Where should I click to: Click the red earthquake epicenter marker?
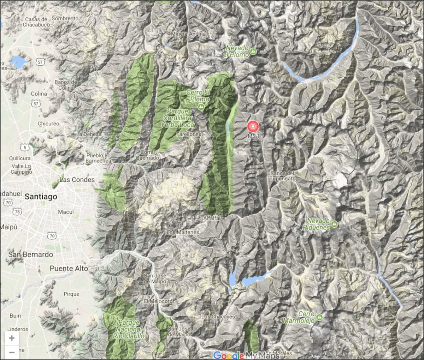click(253, 126)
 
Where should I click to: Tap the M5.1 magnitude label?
click(254, 136)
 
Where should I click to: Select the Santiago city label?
click(41, 197)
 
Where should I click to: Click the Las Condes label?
click(77, 180)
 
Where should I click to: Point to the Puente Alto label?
click(69, 268)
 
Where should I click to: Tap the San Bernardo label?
click(31, 254)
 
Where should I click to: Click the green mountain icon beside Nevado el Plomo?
click(253, 52)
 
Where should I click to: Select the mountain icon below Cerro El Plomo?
click(201, 106)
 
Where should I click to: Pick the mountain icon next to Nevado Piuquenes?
click(334, 224)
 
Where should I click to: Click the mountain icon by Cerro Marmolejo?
click(319, 317)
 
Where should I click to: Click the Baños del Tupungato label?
click(282, 176)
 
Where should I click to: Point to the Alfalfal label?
click(212, 218)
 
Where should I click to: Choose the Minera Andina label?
click(188, 34)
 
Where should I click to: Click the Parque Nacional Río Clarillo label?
click(129, 329)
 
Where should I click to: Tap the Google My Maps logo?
click(246, 355)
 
